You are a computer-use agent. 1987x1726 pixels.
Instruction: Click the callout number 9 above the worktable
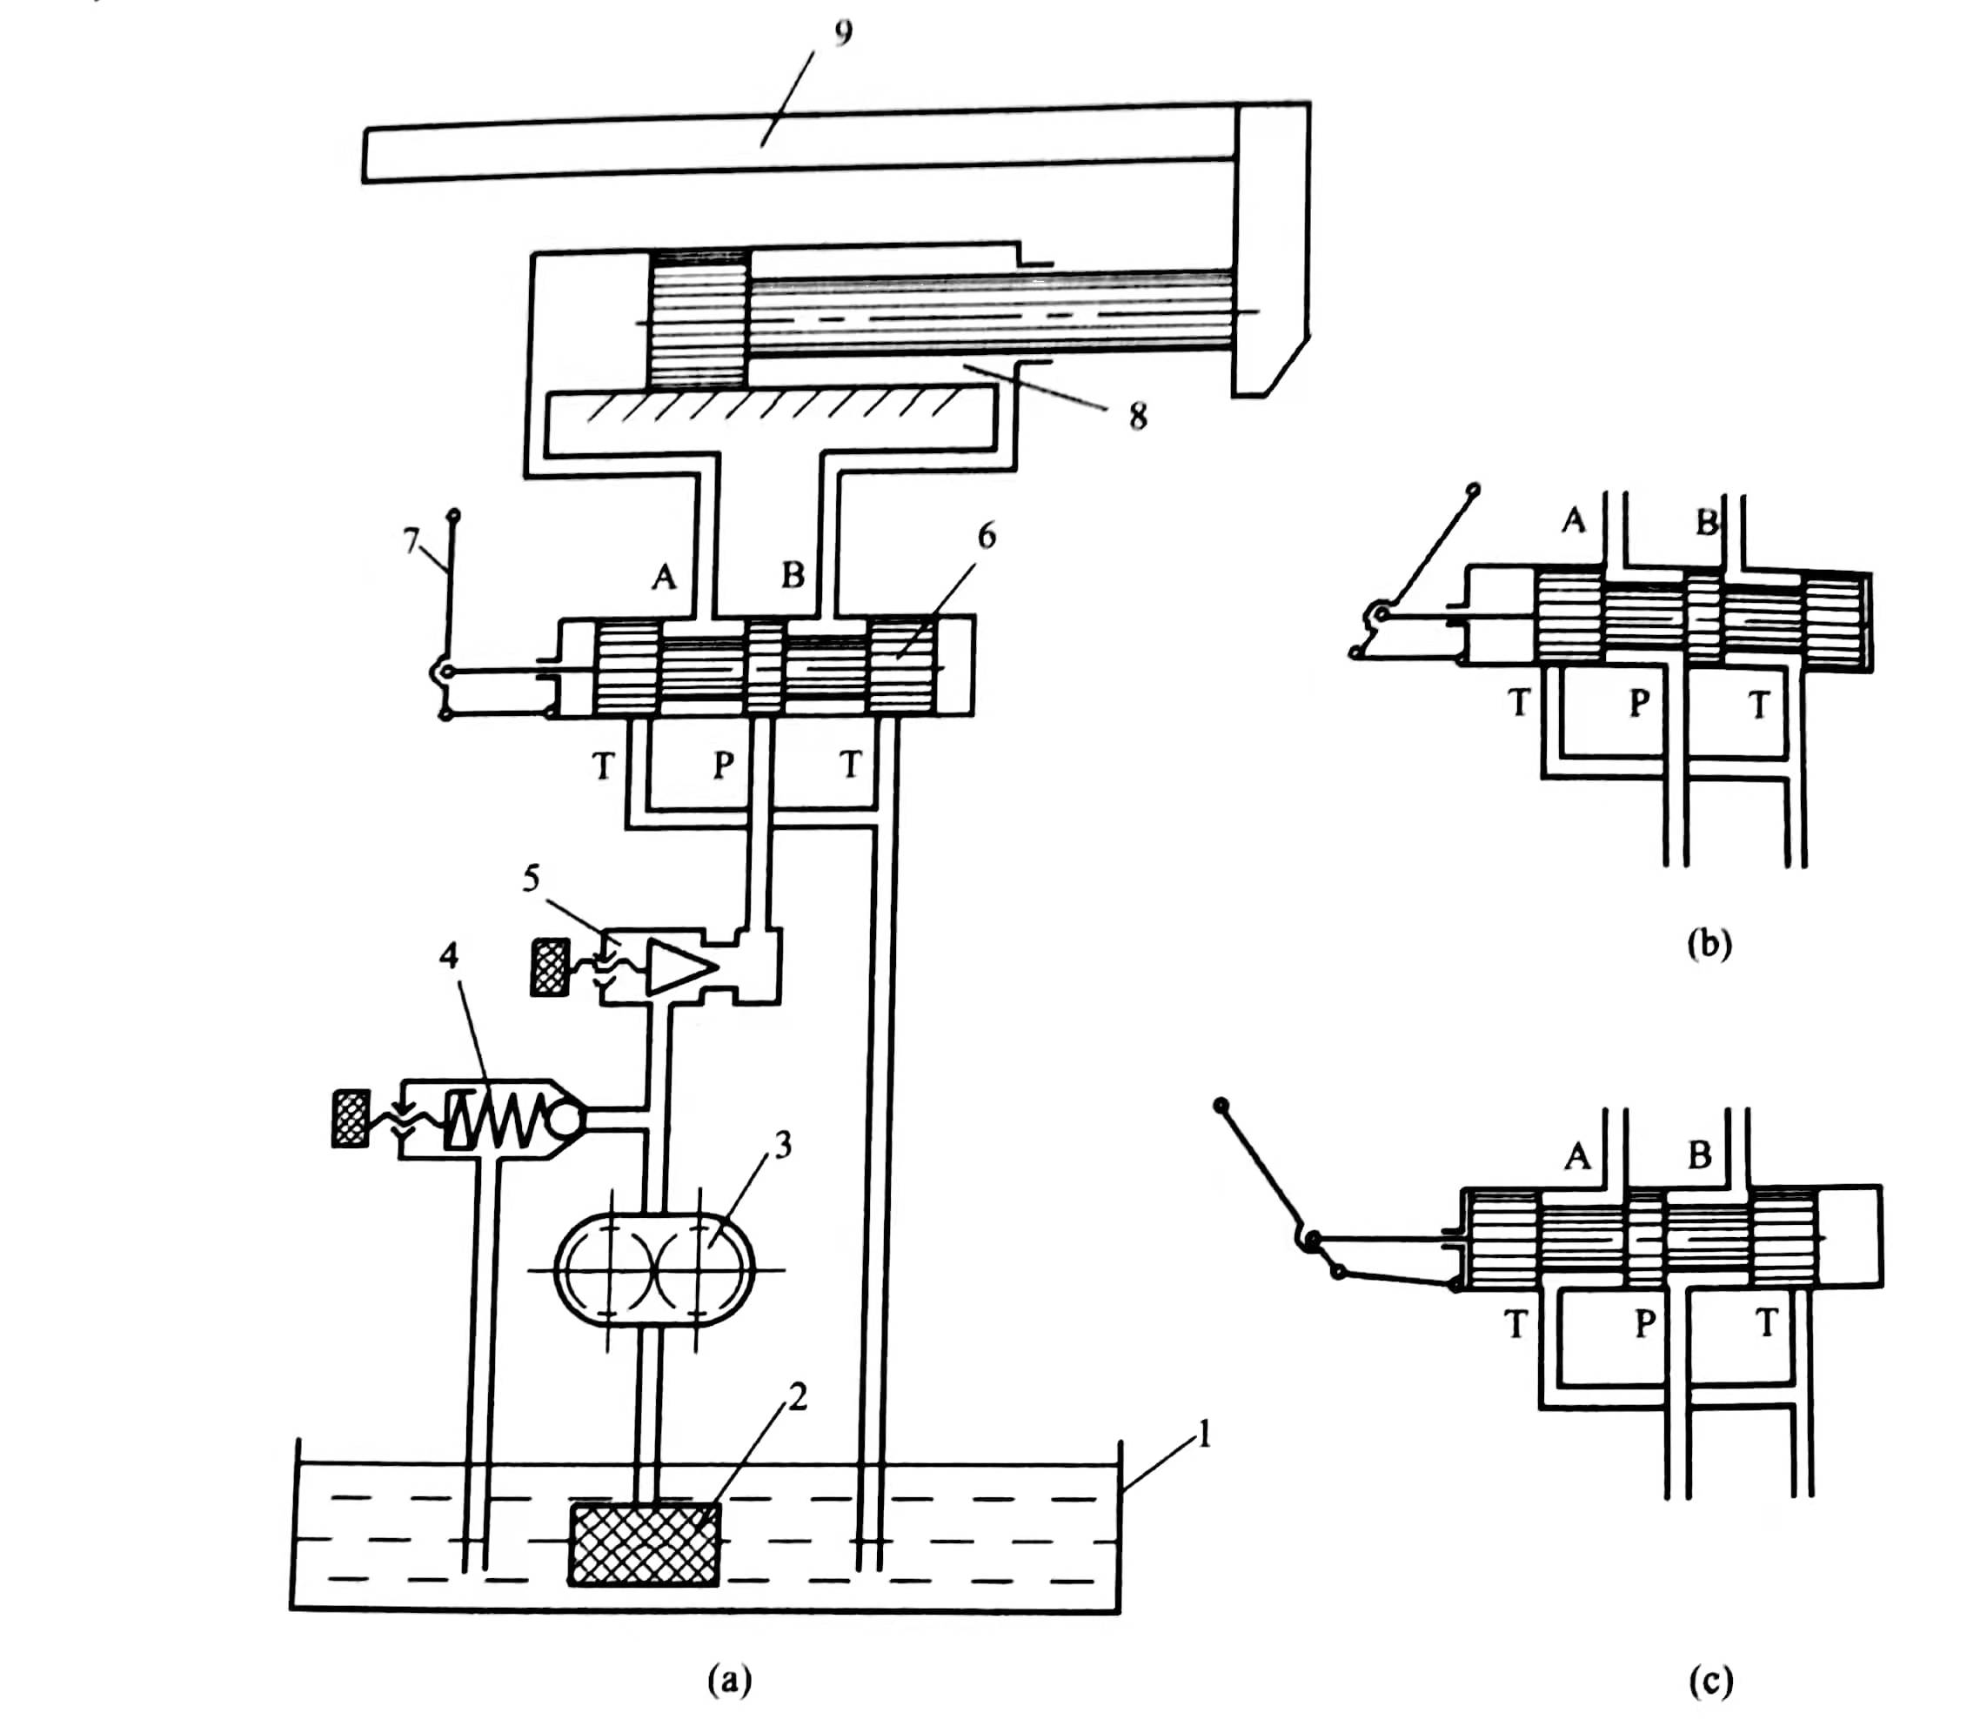pyautogui.click(x=843, y=35)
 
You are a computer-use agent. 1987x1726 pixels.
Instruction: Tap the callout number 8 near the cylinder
pyautogui.click(x=1138, y=417)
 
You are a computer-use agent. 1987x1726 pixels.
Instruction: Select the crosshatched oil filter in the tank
pyautogui.click(x=645, y=1543)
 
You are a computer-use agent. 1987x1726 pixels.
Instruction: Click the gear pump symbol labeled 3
pyautogui.click(x=655, y=1270)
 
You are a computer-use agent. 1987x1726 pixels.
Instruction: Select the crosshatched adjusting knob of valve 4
pyautogui.click(x=350, y=1118)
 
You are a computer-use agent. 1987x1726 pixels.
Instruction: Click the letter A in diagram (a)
pyautogui.click(x=664, y=576)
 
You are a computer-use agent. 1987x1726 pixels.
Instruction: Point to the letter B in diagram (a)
pyautogui.click(x=793, y=575)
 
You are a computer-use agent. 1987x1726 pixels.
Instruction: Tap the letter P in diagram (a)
pyautogui.click(x=723, y=765)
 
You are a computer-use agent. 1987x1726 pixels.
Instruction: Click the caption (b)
pyautogui.click(x=1709, y=944)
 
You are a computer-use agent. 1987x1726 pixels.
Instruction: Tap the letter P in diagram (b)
pyautogui.click(x=1638, y=704)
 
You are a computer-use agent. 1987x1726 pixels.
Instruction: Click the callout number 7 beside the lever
pyautogui.click(x=411, y=542)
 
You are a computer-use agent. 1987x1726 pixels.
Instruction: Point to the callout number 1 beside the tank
pyautogui.click(x=1202, y=1437)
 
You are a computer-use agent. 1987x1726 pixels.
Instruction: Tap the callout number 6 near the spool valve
pyautogui.click(x=987, y=537)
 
